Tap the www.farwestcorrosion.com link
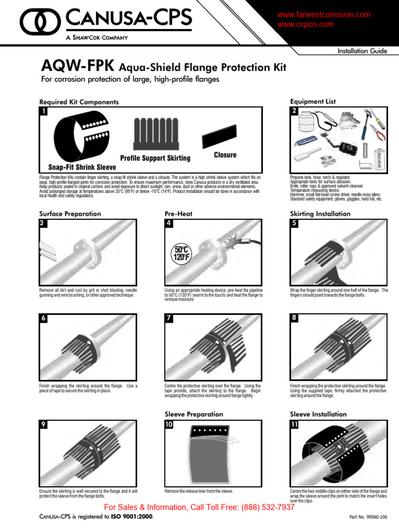324,15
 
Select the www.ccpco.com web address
305,24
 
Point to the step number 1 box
44,111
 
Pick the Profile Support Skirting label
155,158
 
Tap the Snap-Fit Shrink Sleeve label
82,167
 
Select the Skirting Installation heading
320,214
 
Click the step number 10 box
169,424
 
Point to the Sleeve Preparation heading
194,414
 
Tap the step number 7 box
169,319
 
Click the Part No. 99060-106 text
368,517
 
